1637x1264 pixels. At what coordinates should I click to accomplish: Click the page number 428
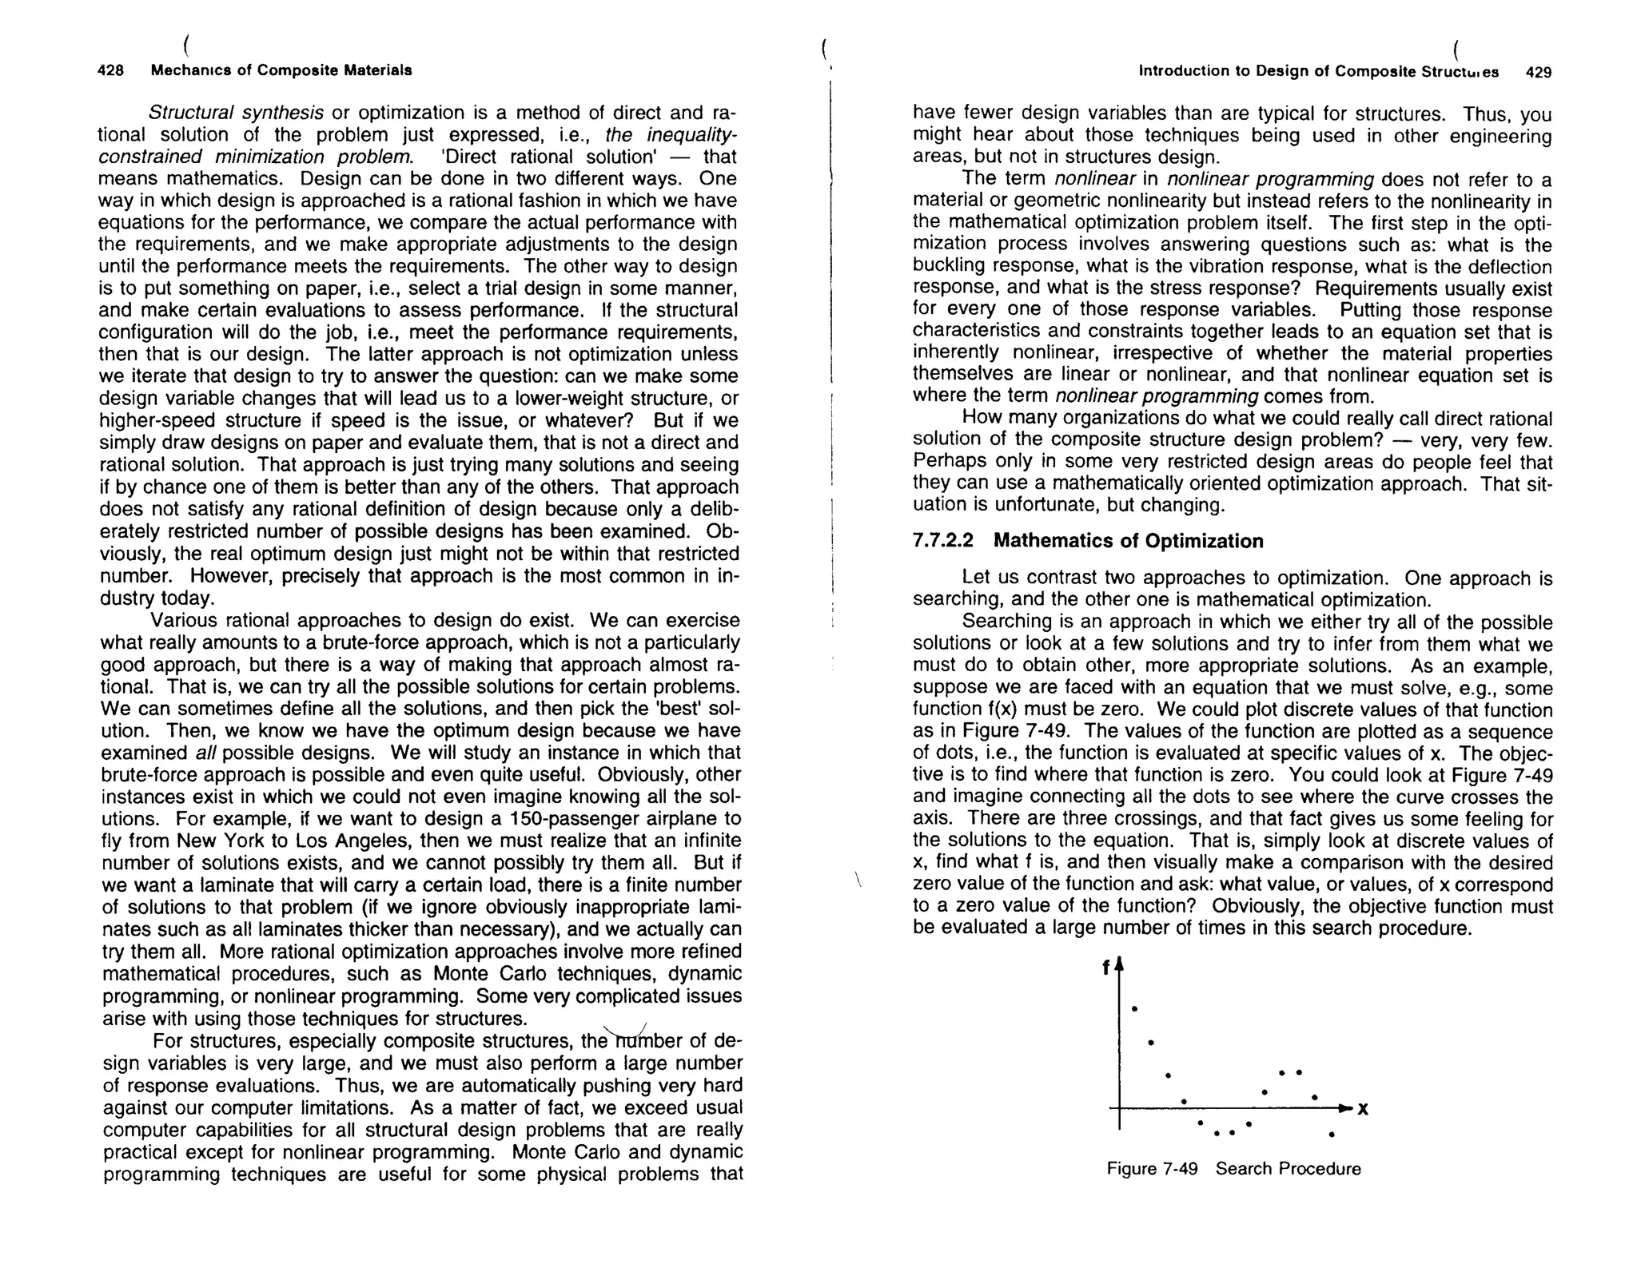click(x=110, y=70)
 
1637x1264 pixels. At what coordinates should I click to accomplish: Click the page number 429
click(x=1538, y=72)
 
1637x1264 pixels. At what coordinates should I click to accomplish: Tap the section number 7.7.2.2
click(x=943, y=541)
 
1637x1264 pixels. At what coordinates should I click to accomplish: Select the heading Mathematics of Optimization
click(x=1128, y=541)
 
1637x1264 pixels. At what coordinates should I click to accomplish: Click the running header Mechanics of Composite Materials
click(x=281, y=70)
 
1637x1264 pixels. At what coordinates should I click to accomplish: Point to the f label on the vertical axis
click(x=1105, y=968)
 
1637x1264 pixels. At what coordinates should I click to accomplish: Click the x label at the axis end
click(x=1362, y=1109)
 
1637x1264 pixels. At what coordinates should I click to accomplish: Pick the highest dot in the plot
click(x=1134, y=1008)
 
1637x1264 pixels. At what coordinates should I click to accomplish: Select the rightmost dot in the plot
click(x=1331, y=1135)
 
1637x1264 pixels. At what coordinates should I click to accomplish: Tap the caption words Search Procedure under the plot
click(x=1288, y=1169)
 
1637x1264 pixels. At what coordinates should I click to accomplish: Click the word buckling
click(x=949, y=267)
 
